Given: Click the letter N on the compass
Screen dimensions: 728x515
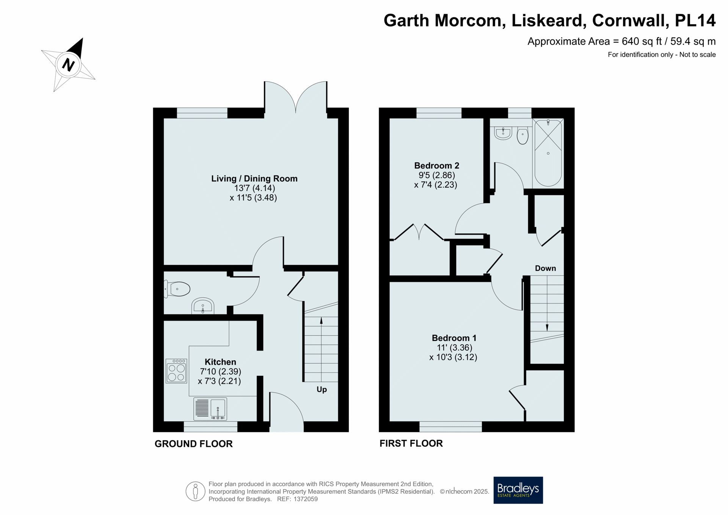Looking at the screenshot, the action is pos(68,65).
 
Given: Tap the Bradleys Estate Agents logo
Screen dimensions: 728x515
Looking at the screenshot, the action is pos(518,490).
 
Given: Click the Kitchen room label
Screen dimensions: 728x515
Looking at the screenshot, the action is pos(220,362).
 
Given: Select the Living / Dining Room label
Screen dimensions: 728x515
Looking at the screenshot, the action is pos(254,179).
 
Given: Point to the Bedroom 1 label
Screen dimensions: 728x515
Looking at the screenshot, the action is pos(454,338).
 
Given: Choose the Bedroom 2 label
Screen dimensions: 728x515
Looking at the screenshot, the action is pos(436,166).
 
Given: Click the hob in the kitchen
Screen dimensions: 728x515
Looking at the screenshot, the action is pos(176,371).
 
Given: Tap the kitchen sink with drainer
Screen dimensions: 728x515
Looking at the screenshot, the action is pos(210,409).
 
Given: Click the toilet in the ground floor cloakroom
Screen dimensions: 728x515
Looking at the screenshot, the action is pos(177,289).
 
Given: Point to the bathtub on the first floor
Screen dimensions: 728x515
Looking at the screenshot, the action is pos(548,153).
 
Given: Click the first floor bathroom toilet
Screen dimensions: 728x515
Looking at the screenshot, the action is pos(522,135).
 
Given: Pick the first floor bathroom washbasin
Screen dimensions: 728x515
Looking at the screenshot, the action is pos(503,133).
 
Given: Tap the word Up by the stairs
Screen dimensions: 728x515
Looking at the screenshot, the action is pos(322,389).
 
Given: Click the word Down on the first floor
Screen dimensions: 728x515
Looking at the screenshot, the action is pos(545,268).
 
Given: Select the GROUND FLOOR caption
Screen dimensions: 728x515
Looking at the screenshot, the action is pos(193,444).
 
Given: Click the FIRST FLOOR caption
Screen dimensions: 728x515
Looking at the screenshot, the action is pos(411,443).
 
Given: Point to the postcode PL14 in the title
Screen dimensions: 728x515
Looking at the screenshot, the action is pos(695,20).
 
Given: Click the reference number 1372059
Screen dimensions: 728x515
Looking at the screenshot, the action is pos(306,499).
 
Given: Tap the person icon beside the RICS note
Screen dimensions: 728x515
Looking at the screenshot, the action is pos(195,491).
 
